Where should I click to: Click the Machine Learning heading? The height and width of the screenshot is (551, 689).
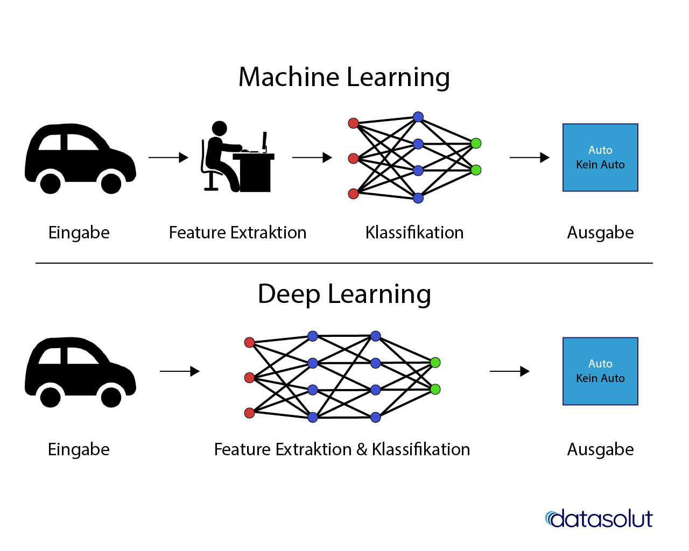(x=344, y=77)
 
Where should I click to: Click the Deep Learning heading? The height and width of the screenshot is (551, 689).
(x=344, y=294)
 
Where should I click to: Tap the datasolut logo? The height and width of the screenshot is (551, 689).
(x=599, y=519)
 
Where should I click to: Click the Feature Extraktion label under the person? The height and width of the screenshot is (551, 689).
(x=237, y=232)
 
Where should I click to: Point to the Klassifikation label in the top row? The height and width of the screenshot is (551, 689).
(x=414, y=232)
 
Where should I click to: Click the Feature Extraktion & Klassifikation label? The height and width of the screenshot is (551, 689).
(x=342, y=449)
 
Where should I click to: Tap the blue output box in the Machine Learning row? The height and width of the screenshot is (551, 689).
(x=600, y=158)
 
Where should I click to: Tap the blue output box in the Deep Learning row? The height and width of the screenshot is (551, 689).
(x=600, y=371)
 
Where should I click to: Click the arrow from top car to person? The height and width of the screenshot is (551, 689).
(x=168, y=158)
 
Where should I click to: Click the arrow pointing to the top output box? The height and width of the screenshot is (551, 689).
(x=529, y=158)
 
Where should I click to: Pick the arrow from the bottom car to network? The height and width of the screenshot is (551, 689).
(x=180, y=371)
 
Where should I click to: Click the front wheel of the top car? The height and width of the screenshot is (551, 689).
(x=111, y=183)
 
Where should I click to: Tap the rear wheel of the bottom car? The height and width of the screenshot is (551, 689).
(x=51, y=397)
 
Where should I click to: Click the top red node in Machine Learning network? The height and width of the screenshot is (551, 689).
(x=353, y=123)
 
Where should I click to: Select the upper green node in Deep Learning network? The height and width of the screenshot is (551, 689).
(x=435, y=363)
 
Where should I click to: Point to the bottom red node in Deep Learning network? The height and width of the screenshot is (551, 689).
(x=249, y=413)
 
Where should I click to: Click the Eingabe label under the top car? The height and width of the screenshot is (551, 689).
(x=79, y=232)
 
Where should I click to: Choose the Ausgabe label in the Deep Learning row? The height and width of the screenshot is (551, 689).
(x=600, y=449)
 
